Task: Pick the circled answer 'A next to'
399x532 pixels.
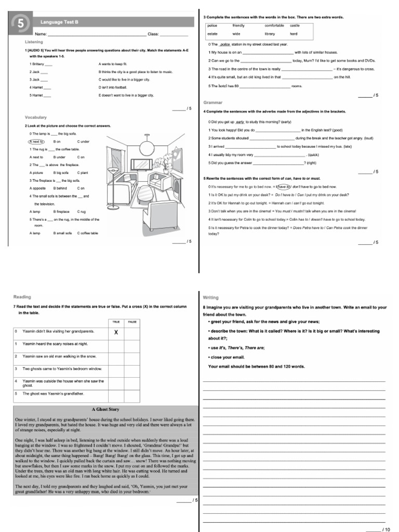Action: (36, 141)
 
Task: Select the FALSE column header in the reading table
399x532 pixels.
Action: (132, 322)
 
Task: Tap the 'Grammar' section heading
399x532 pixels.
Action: (212, 103)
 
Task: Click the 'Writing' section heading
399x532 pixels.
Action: (210, 297)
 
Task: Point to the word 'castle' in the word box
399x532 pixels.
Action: (295, 25)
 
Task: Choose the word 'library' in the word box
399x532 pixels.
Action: (270, 33)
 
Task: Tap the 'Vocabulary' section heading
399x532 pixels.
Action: (36, 117)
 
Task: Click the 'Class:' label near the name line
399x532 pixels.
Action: (153, 34)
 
